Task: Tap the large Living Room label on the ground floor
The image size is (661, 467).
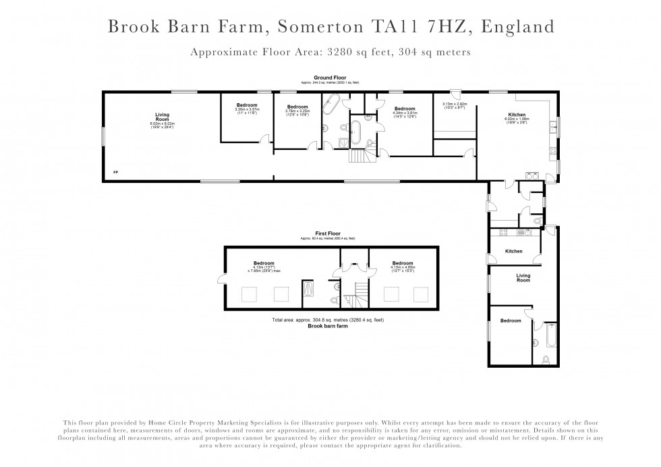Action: pos(162,117)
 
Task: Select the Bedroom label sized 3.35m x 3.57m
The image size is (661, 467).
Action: pos(247,105)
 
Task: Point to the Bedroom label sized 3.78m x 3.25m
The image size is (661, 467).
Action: pos(297,107)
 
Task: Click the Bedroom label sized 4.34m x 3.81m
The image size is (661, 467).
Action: pos(405,109)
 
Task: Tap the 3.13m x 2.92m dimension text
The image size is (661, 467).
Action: pos(455,105)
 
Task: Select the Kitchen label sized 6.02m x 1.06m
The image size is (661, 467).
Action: pos(517,115)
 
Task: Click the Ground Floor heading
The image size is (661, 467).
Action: pos(330,78)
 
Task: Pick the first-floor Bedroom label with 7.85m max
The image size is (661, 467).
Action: pos(264,263)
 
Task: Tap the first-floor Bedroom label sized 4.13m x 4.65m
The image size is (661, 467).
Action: pos(402,263)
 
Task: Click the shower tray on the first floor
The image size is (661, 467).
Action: pos(308,288)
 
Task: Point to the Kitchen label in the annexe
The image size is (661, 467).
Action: pos(514,252)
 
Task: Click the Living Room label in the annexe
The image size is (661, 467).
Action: pos(523,275)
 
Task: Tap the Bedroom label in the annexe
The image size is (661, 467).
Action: pos(511,321)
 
